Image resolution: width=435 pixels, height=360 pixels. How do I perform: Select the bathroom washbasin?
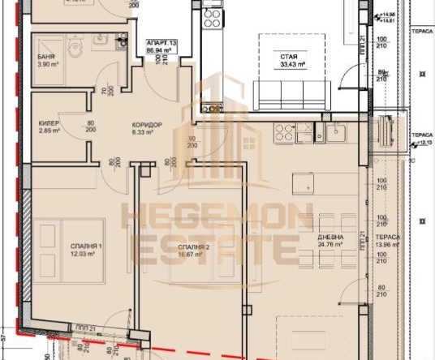pos(120,41)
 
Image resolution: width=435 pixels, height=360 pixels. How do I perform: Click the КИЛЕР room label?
pos(48,124)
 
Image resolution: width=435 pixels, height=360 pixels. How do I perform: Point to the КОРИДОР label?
pos(148,125)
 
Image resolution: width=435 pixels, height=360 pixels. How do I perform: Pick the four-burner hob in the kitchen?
pos(284,133)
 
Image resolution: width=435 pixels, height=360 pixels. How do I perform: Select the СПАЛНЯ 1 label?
pos(79,246)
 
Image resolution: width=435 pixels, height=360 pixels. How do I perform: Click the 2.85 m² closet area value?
pos(48,131)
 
